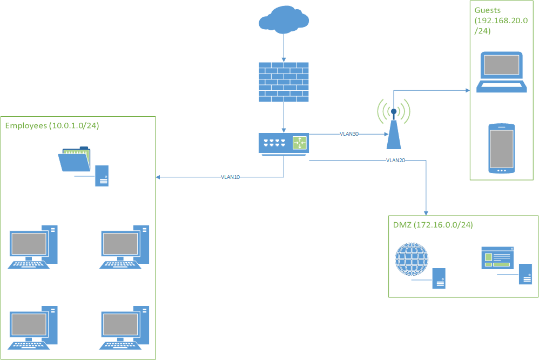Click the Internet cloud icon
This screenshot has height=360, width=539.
click(x=284, y=21)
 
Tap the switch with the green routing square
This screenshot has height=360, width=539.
click(x=284, y=143)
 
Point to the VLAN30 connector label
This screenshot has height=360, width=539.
click(x=349, y=134)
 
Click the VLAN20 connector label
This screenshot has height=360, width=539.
click(x=396, y=161)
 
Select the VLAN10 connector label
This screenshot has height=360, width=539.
click(x=230, y=177)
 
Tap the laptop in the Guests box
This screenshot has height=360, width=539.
click(x=501, y=72)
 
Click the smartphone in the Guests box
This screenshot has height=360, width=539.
click(x=501, y=149)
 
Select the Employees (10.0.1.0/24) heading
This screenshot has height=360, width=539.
click(x=52, y=125)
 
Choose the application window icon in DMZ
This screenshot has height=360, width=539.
click(x=497, y=258)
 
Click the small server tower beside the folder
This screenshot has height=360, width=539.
click(x=102, y=176)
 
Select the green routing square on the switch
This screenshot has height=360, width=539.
click(x=299, y=143)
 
